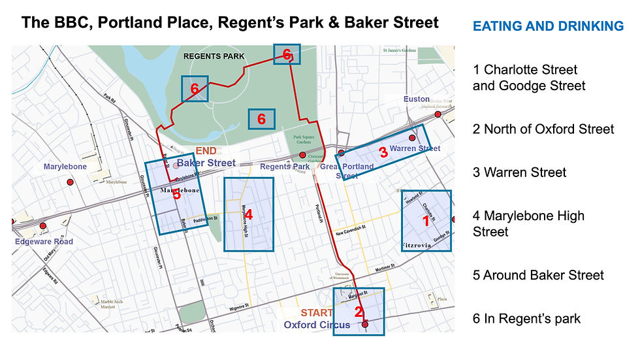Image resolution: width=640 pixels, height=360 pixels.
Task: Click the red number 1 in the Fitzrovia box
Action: (426, 221)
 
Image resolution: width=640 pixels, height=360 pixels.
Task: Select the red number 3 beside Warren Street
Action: (383, 153)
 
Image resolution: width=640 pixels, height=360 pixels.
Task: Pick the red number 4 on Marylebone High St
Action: (248, 214)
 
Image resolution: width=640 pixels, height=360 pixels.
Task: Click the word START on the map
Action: (317, 313)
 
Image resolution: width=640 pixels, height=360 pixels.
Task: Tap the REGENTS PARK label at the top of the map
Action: (214, 56)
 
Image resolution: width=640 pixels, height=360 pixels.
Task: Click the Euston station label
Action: (416, 99)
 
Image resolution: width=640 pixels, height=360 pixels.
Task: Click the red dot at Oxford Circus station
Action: (365, 324)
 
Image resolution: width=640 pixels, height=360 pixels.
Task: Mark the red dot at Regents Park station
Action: (302, 155)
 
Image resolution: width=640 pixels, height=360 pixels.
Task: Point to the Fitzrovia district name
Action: (424, 246)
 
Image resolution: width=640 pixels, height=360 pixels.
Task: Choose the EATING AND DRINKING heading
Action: (548, 26)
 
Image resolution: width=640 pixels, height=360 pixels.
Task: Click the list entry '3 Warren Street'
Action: (519, 172)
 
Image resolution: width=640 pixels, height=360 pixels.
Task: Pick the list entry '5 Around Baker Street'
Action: (538, 275)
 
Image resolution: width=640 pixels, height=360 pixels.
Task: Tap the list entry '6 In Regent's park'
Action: (526, 318)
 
